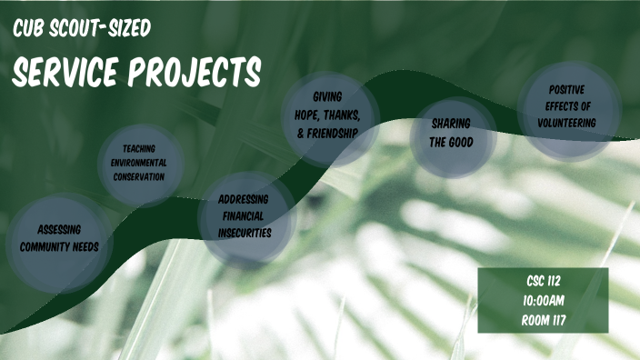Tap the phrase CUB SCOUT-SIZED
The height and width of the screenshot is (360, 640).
(82, 30)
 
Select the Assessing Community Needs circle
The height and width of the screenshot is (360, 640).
(58, 237)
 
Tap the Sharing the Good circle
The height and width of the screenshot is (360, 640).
(452, 134)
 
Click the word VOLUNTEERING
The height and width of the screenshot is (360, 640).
(566, 121)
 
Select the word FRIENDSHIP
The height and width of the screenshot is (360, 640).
(332, 132)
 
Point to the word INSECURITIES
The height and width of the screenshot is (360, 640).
(245, 233)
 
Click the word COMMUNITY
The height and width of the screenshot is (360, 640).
(59, 245)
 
